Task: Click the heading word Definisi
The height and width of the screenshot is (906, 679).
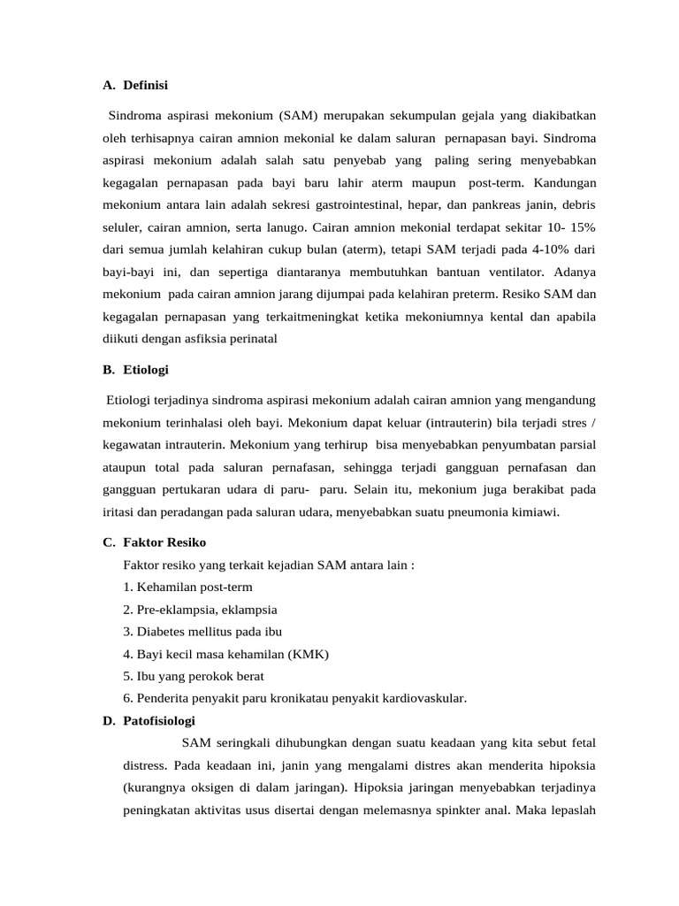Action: tap(146, 85)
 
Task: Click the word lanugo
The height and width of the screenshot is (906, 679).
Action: tap(285, 227)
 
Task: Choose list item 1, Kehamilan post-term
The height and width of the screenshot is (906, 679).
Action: tap(188, 587)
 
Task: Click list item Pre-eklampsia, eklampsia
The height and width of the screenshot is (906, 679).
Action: tap(201, 609)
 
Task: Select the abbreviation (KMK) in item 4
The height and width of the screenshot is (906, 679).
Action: tap(309, 654)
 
